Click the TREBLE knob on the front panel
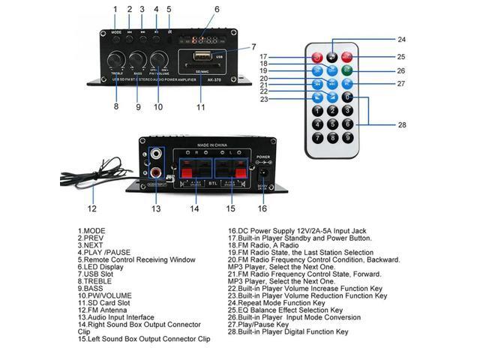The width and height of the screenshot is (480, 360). tap(116, 61)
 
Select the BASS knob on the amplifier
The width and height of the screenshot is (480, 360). tap(138, 61)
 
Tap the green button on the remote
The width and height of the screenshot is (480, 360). tap(346, 70)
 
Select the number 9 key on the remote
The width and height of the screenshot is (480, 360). tap(347, 137)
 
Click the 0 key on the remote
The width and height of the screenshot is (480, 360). tap(346, 97)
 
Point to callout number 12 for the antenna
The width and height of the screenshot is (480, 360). tap(91, 209)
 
